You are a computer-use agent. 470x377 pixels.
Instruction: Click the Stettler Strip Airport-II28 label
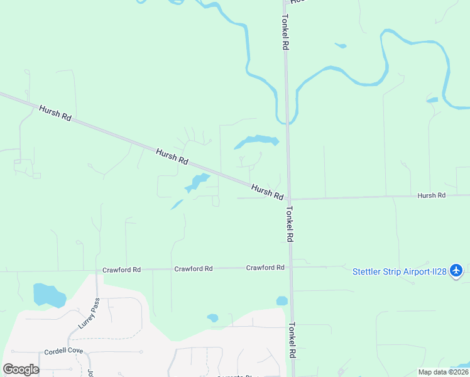click(399, 271)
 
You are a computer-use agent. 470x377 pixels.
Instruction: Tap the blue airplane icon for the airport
click(457, 271)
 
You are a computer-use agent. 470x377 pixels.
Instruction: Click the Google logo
click(21, 369)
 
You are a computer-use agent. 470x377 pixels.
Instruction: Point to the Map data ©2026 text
click(443, 372)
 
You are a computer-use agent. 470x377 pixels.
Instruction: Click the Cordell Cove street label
click(63, 351)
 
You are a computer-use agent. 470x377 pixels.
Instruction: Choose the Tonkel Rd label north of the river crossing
click(285, 33)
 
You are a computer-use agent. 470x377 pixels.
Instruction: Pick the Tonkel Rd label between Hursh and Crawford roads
click(290, 224)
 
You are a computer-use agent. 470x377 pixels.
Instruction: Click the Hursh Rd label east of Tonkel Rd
click(432, 195)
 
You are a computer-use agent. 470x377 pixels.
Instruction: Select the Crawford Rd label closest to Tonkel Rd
click(265, 268)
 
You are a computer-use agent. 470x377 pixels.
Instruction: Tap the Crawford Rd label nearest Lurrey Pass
click(122, 270)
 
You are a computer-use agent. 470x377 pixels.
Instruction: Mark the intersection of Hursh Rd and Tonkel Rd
click(289, 199)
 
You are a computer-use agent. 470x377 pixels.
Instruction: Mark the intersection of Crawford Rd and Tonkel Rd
click(290, 267)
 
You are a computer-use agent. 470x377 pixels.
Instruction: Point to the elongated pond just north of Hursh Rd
click(257, 141)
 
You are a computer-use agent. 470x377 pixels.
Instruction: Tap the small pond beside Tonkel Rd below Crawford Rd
click(281, 301)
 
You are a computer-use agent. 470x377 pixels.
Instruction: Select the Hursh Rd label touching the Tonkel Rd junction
click(267, 192)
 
